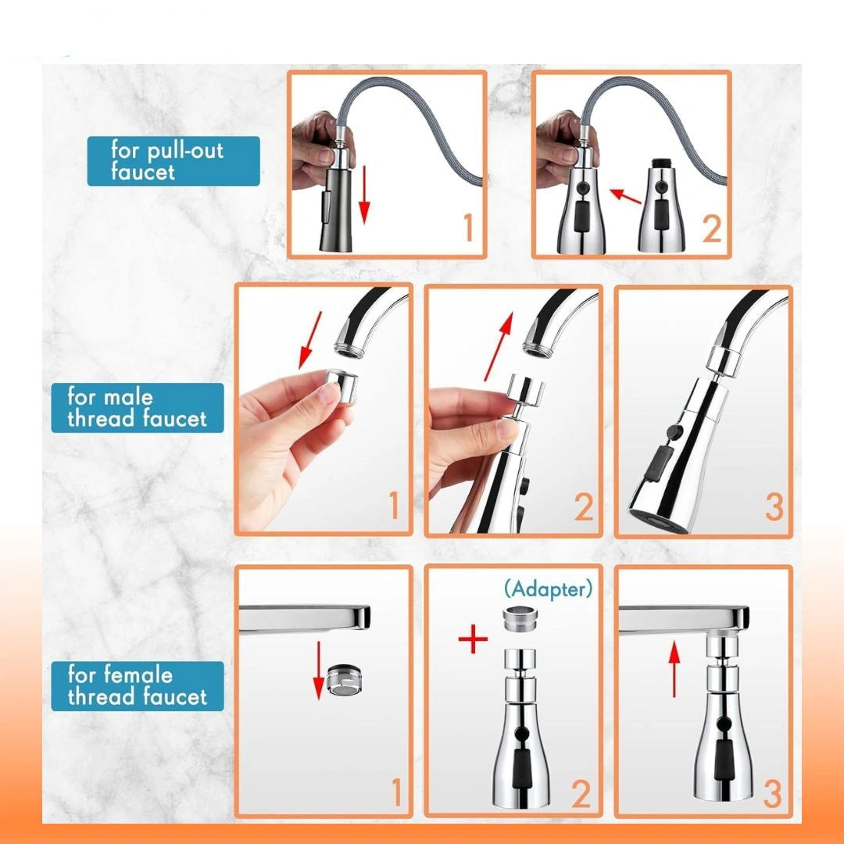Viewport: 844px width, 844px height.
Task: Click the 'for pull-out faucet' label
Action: pos(173,161)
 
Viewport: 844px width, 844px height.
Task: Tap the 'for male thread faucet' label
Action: pos(138,407)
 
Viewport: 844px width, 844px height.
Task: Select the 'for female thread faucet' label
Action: pos(138,686)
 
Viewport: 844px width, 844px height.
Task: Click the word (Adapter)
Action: pos(548,589)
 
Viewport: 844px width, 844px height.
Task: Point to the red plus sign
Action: pos(473,638)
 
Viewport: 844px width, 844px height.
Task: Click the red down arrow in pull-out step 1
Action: pos(364,195)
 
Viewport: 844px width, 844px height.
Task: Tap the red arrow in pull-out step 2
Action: pos(625,195)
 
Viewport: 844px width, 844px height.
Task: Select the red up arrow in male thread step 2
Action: pos(499,347)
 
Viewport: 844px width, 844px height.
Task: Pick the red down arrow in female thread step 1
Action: pos(319,671)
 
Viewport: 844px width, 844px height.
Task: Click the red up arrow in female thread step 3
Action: pos(674,671)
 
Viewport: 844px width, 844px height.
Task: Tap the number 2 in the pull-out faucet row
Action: pos(712,229)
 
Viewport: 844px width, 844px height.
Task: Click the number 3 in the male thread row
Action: pos(774,507)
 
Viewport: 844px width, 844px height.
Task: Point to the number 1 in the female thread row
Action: pos(397,792)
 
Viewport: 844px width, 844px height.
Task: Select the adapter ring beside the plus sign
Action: pos(520,620)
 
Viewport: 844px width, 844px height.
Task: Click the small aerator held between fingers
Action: pos(342,385)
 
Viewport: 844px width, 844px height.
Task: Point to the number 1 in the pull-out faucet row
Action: pos(468,227)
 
